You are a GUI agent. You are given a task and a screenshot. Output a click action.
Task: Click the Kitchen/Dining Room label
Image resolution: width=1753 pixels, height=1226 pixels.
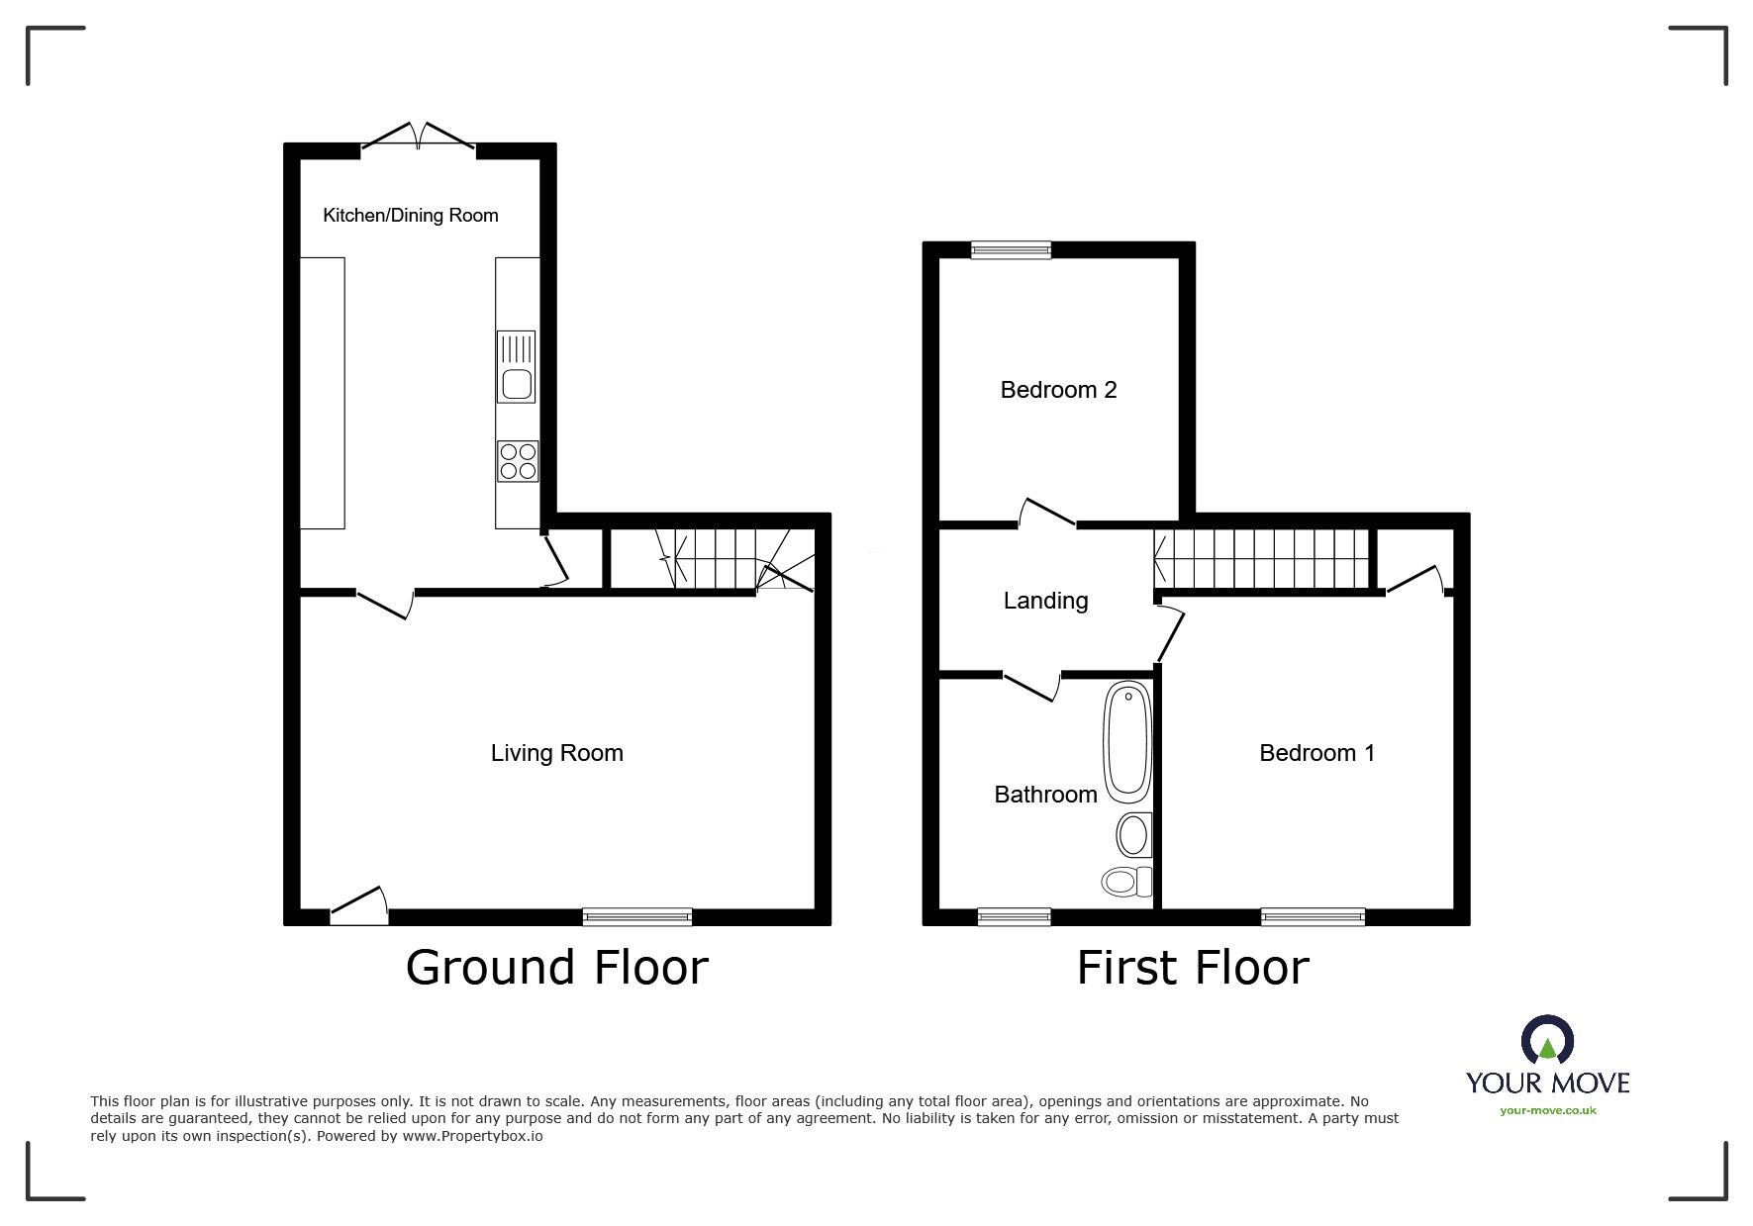410,215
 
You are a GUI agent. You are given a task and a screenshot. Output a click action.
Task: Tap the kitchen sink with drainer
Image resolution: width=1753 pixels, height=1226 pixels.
516,366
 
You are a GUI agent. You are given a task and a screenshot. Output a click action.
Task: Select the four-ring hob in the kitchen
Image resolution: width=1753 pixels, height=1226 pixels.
518,460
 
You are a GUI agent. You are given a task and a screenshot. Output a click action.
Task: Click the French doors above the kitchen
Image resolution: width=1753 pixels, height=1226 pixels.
419,139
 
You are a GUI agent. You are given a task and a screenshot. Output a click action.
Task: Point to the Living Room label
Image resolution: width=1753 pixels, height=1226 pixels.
556,753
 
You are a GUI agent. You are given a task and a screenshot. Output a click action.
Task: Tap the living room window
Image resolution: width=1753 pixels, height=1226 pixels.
637,917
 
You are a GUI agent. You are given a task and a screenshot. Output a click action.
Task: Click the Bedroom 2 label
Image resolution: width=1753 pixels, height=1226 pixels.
1058,390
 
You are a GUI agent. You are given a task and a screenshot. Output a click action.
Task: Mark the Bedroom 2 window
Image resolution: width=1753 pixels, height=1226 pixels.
1011,250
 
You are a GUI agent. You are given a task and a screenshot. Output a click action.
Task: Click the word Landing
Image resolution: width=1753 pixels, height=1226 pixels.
1045,601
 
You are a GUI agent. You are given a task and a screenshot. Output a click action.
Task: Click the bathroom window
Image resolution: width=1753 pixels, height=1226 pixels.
1015,917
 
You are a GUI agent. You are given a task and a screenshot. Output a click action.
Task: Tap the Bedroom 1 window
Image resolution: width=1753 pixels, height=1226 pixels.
1313,917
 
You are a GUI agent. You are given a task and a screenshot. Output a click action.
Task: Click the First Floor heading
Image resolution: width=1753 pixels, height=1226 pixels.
1193,968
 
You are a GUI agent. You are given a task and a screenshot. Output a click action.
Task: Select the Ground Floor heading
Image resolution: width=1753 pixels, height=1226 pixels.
556,968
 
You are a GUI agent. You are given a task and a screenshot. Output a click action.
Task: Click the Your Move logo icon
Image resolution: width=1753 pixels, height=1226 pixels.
1547,1041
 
